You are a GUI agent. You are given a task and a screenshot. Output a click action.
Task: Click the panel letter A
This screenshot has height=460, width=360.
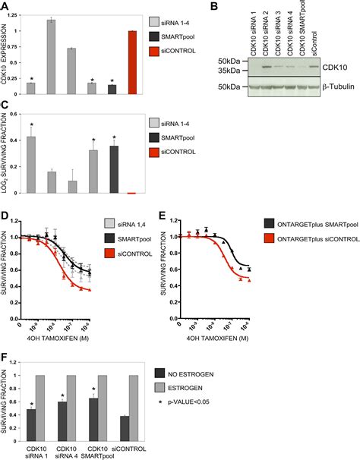[5, 6]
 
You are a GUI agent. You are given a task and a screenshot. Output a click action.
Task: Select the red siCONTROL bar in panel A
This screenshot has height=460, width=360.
[132, 63]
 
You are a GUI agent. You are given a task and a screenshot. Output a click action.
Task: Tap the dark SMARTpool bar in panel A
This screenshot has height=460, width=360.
[112, 90]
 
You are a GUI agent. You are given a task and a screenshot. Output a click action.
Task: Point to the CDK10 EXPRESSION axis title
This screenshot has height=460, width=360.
[6, 53]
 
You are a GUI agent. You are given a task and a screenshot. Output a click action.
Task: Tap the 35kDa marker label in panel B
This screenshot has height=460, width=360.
[227, 71]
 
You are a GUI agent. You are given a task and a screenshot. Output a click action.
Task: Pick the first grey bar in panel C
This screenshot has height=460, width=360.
[31, 165]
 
